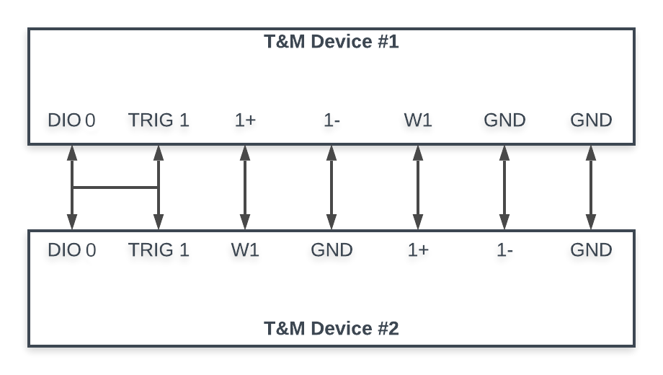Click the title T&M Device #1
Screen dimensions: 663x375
pyautogui.click(x=331, y=42)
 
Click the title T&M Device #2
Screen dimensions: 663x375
pyautogui.click(x=331, y=328)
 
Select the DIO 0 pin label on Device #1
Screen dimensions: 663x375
pyautogui.click(x=71, y=120)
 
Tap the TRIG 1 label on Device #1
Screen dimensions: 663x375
pyautogui.click(x=159, y=120)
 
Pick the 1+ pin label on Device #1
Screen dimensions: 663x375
pyautogui.click(x=245, y=120)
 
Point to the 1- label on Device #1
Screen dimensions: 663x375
pyautogui.click(x=332, y=120)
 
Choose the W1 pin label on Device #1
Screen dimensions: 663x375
pyautogui.click(x=418, y=120)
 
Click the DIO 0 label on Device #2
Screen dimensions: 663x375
pyautogui.click(x=72, y=250)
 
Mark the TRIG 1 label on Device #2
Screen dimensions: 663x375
pyautogui.click(x=159, y=250)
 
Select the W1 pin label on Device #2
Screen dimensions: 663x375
pyautogui.click(x=245, y=250)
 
